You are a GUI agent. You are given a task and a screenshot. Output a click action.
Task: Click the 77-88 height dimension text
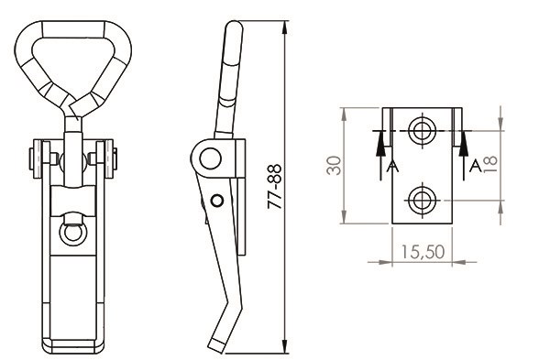275,187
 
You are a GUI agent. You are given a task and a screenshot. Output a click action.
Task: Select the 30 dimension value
334,166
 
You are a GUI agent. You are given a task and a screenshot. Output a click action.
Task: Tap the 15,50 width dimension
423,252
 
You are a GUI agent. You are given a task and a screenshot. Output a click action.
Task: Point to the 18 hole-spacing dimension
490,164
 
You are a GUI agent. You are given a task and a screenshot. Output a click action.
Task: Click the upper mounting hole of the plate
423,131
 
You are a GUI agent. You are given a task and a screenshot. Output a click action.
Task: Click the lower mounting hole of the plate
423,201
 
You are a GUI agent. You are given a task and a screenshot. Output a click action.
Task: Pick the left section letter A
392,166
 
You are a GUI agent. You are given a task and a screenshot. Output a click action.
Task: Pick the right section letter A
475,166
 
